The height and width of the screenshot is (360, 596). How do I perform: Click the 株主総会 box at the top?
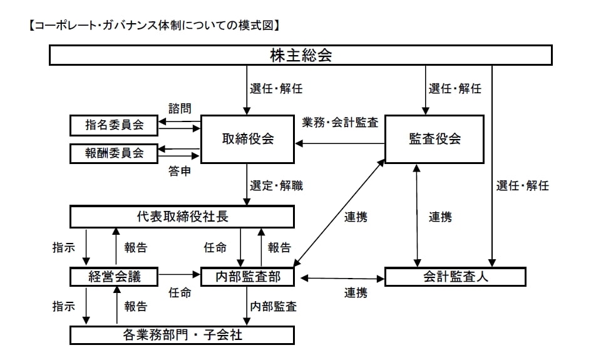(x=301, y=55)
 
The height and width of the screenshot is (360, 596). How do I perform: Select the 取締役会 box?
(x=248, y=139)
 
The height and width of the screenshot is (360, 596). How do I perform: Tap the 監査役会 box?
(x=434, y=139)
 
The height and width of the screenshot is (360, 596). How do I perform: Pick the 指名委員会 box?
(x=114, y=125)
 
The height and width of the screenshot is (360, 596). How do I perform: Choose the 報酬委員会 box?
(x=114, y=152)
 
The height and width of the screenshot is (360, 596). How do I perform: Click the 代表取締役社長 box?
(x=182, y=217)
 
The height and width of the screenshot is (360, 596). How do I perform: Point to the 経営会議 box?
(x=114, y=276)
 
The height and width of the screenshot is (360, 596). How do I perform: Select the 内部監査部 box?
(x=248, y=276)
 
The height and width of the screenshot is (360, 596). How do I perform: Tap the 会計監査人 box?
(x=455, y=276)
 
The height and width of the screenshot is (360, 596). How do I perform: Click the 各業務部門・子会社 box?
(x=182, y=334)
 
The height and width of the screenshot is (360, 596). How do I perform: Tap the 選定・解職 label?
(x=276, y=185)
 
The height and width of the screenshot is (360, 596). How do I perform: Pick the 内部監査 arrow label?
(x=274, y=307)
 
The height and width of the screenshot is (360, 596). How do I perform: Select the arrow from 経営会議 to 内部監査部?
(x=179, y=274)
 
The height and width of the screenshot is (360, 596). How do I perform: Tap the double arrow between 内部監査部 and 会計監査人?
(x=342, y=277)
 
